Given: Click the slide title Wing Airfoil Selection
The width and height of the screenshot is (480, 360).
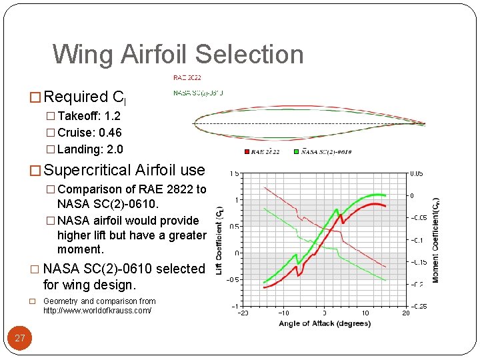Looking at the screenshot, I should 178,54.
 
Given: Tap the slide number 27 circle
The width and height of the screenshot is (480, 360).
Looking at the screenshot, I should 20,338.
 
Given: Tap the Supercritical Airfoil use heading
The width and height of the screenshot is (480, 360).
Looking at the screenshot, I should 123,171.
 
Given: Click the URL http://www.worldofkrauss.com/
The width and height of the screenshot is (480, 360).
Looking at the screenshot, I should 97,311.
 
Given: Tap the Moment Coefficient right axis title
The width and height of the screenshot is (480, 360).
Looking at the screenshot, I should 435,240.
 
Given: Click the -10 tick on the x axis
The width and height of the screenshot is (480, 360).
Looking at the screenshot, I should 283,313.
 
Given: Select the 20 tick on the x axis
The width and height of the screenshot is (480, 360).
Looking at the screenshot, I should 405,313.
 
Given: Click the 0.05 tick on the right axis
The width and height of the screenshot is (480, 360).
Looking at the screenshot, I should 417,173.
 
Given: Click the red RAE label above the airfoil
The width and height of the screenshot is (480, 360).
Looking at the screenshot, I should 187,78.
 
